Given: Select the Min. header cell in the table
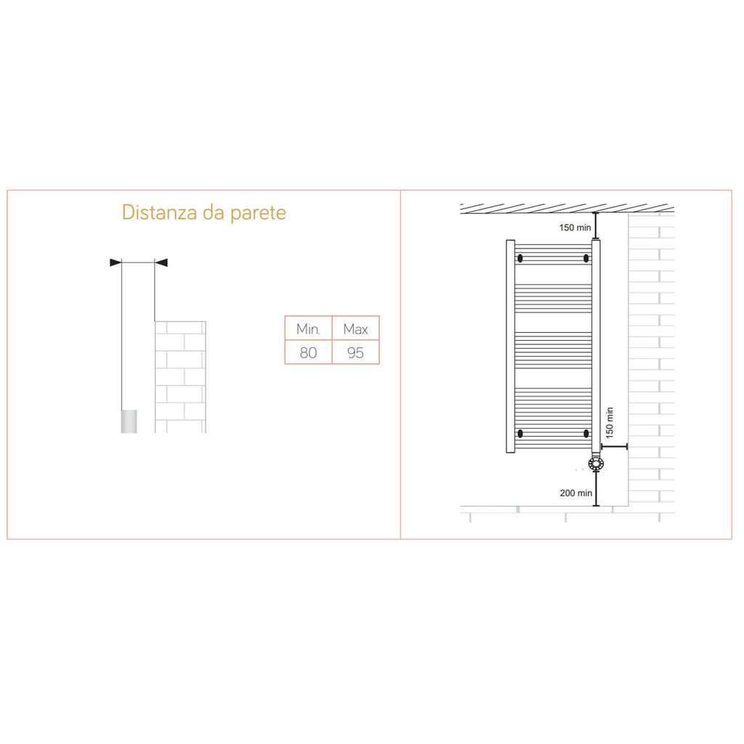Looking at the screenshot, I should click(308, 329).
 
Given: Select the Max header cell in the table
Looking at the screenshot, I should click(355, 329).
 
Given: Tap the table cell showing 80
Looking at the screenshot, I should click(308, 353).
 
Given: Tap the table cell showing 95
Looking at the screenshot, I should click(355, 353).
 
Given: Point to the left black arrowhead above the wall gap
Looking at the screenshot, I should click(115, 262).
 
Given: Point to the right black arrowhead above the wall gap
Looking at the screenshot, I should click(161, 262).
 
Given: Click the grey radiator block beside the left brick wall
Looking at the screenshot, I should click(129, 421).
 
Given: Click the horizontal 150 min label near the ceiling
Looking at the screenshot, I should click(575, 227).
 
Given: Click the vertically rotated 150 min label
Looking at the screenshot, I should click(609, 424).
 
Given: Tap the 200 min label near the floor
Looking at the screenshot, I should click(575, 493).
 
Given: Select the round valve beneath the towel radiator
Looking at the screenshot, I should click(596, 463).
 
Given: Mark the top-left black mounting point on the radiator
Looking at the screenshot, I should click(519, 258).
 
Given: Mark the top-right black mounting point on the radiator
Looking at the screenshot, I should click(586, 258).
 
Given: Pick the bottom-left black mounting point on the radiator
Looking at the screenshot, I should click(519, 434).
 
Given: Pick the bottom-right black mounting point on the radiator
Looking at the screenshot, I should click(586, 434).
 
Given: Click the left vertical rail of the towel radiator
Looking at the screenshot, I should click(510, 345).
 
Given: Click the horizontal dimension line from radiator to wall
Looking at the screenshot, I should click(615, 447).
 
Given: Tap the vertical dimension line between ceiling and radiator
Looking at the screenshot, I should click(596, 225).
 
